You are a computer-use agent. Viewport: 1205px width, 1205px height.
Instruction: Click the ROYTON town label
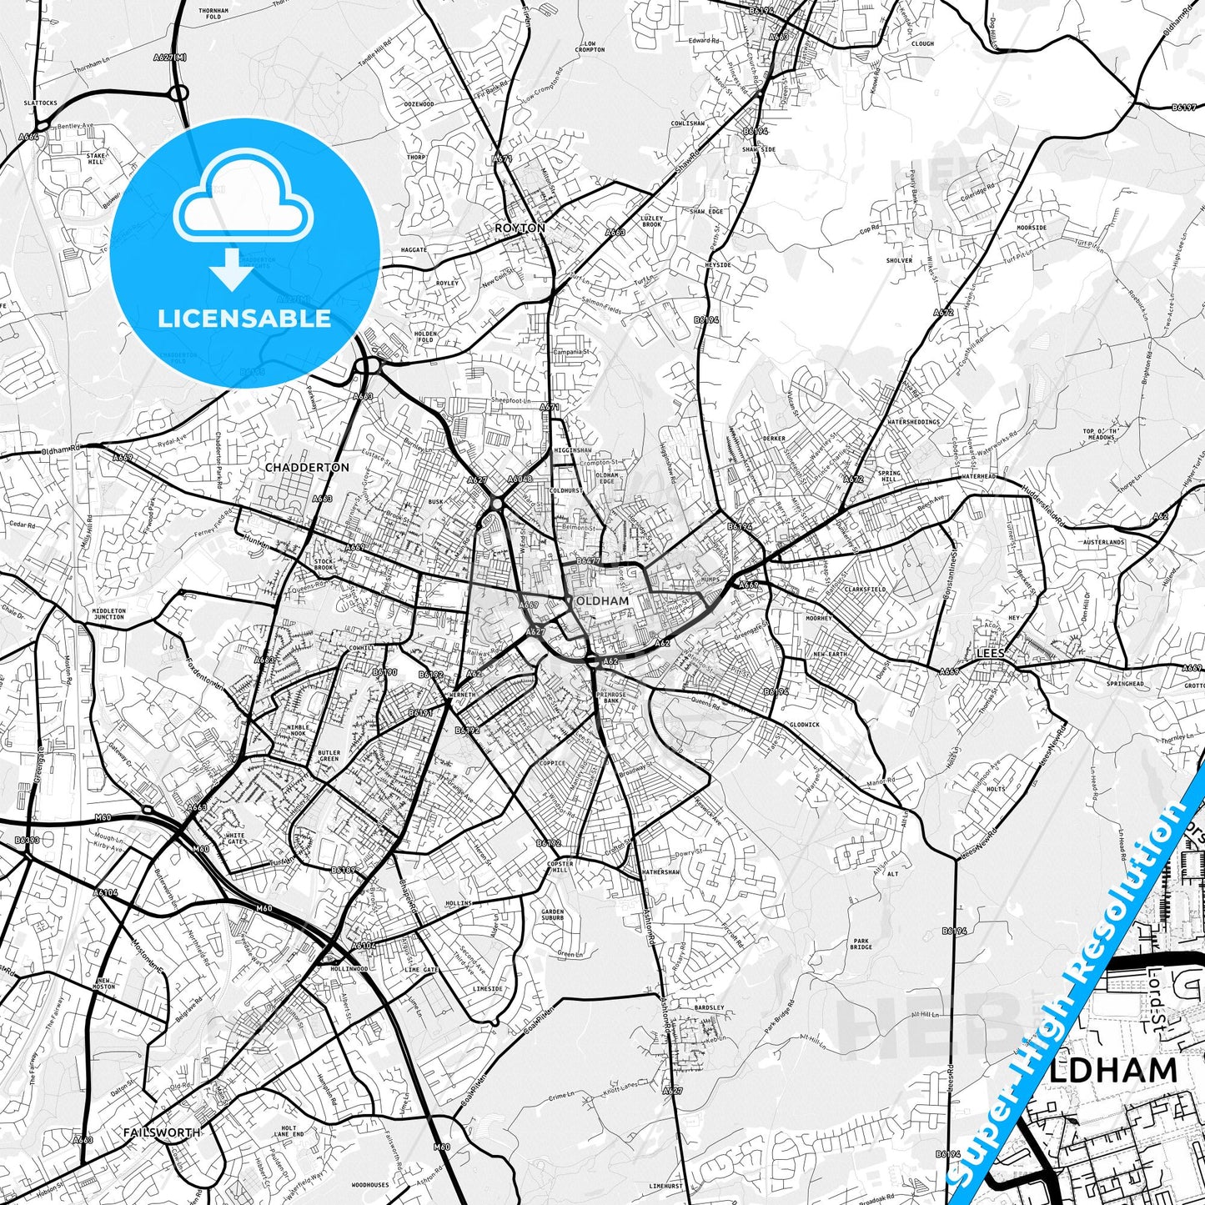[520, 228]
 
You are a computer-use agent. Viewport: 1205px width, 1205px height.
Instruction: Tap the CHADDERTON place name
[307, 467]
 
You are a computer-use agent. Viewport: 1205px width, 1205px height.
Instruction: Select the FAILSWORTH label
[161, 1132]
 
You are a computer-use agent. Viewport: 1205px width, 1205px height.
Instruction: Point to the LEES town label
[991, 655]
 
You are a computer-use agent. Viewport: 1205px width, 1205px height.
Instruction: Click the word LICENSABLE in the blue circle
[244, 319]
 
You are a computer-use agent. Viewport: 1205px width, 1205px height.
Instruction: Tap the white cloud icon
[244, 203]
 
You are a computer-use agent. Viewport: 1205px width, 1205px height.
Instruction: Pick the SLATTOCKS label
[41, 103]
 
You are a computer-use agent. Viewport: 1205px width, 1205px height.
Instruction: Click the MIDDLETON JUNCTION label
[109, 613]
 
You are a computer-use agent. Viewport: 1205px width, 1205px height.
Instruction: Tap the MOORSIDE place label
[1032, 228]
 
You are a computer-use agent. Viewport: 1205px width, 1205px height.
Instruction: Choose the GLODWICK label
[804, 725]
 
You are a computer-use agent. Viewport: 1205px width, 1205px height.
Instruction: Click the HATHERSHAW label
[660, 872]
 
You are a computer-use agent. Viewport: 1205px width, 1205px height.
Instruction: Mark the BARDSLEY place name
[710, 1007]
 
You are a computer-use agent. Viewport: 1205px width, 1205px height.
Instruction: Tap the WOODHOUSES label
[370, 1184]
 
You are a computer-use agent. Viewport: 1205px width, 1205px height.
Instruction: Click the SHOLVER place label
[899, 260]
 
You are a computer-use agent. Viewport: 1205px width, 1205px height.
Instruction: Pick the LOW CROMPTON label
[590, 47]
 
